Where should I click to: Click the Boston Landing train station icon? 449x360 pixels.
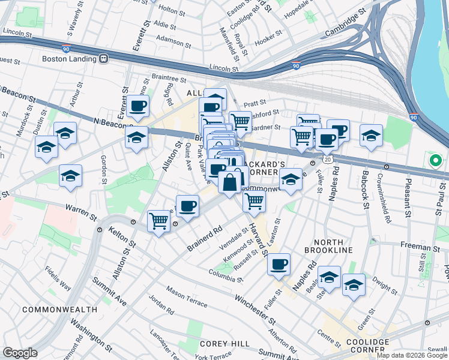pyautogui.click(x=104, y=59)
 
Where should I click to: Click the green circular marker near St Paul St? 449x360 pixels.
pyautogui.click(x=435, y=161)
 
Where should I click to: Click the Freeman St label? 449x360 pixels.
pyautogui.click(x=420, y=247)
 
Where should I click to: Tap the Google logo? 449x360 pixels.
pyautogui.click(x=20, y=353)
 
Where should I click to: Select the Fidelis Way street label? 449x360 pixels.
pyautogui.click(x=57, y=278)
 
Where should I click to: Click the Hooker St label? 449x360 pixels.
pyautogui.click(x=273, y=41)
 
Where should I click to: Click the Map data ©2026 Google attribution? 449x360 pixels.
pyautogui.click(x=412, y=355)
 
